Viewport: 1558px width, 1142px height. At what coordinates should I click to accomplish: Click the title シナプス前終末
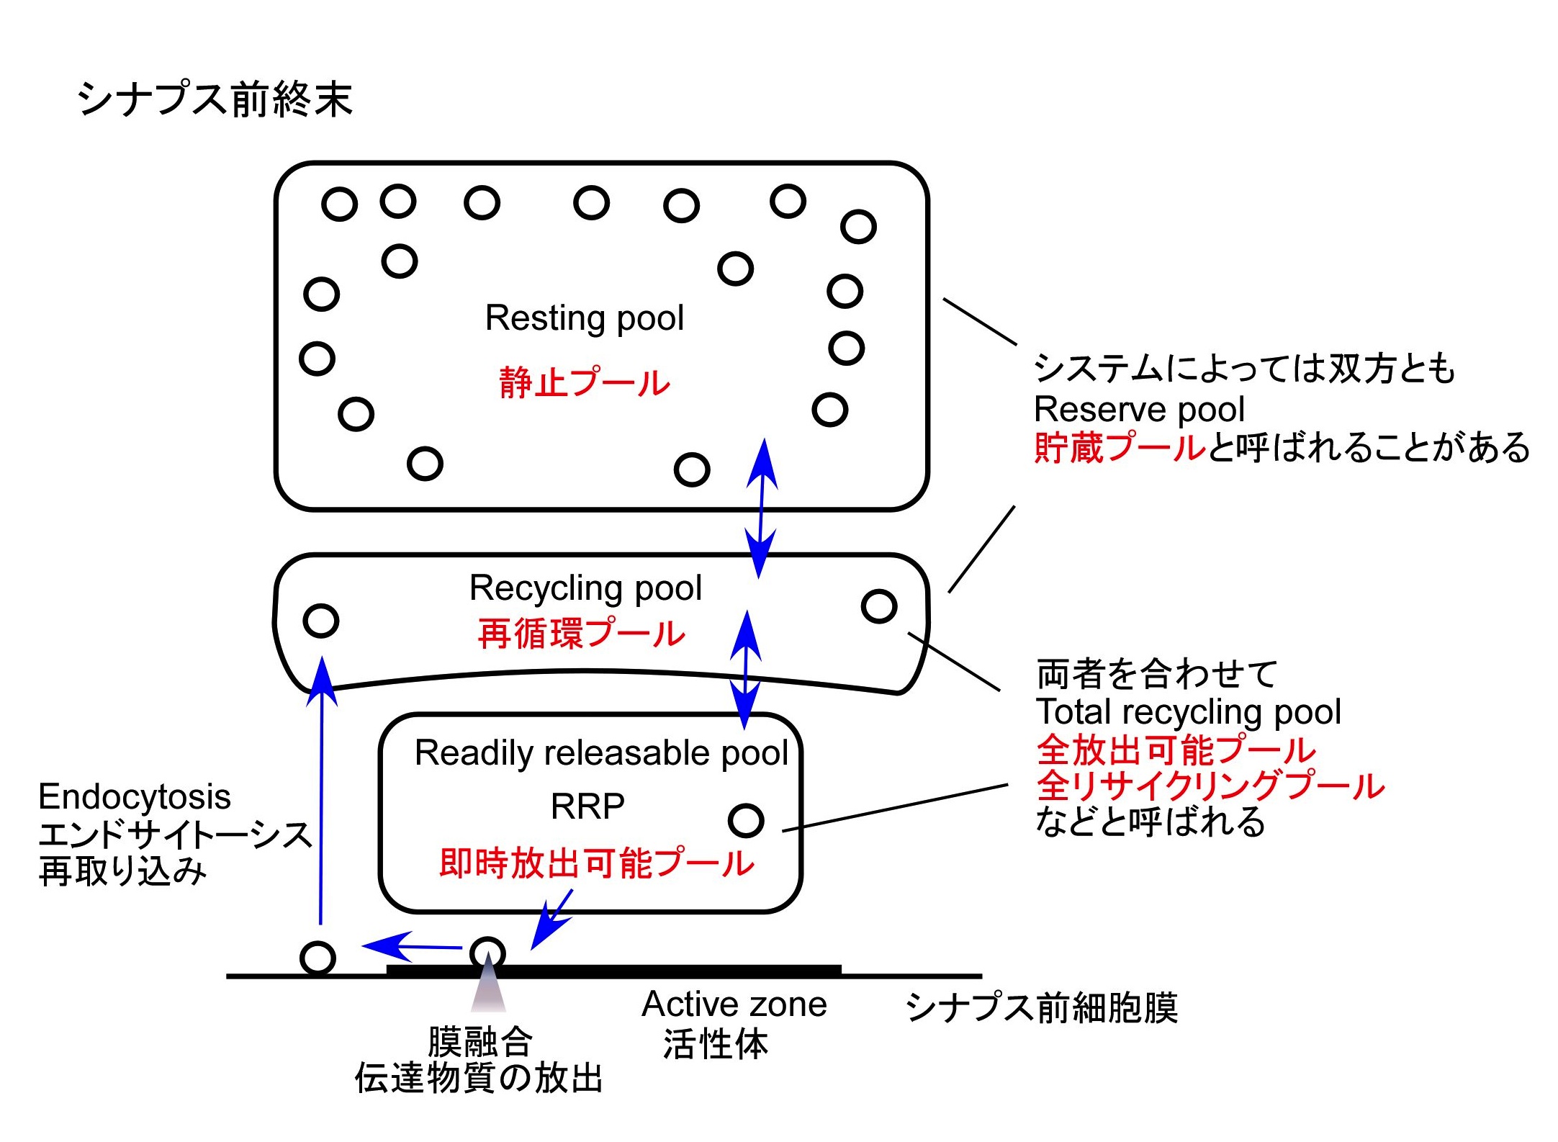point(215,99)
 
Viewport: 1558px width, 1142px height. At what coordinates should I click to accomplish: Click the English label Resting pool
point(584,318)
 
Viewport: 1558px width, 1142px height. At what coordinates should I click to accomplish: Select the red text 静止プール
point(584,382)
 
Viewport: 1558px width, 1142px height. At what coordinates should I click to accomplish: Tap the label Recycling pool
point(585,588)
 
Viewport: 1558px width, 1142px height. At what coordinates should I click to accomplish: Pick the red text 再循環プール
point(581,634)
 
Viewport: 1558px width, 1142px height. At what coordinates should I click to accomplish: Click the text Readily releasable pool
point(601,753)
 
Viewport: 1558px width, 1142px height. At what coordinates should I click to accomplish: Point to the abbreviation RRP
point(587,806)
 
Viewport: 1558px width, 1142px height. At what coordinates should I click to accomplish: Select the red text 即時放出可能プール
point(596,863)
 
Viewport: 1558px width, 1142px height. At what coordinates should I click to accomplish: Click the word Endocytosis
point(135,797)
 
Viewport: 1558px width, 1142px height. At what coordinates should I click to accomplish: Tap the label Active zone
point(734,1004)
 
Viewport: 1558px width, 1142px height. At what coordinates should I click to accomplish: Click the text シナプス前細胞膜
point(1041,1007)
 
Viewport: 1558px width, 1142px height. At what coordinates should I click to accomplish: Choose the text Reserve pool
point(1139,410)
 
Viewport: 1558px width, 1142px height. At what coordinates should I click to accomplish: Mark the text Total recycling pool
point(1188,712)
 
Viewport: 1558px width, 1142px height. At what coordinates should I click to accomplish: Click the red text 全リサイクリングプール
point(1210,786)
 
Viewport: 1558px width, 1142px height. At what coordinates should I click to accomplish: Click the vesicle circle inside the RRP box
point(745,821)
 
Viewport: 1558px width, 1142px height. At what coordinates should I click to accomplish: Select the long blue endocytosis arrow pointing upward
point(322,792)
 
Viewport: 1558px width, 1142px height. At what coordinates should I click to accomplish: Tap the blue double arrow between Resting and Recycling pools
point(761,508)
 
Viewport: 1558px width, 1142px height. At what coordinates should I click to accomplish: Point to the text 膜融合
point(479,1041)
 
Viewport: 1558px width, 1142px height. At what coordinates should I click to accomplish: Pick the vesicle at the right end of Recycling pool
point(878,606)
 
